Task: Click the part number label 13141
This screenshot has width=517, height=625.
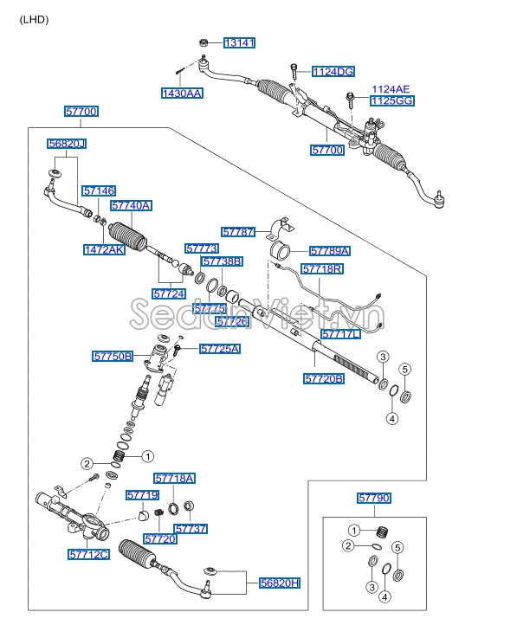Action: (239, 42)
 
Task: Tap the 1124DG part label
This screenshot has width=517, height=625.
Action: (333, 72)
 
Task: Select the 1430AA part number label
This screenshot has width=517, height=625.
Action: (182, 93)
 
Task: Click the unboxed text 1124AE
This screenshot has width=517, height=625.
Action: (391, 89)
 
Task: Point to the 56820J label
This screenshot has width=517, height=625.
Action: (67, 144)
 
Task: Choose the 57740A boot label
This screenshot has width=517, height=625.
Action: (131, 206)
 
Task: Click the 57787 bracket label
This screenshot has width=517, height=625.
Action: (238, 232)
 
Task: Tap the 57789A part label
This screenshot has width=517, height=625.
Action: (330, 251)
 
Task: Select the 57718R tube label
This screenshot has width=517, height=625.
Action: (322, 269)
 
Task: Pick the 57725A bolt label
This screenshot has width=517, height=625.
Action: (220, 349)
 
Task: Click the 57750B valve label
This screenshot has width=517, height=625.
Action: (113, 357)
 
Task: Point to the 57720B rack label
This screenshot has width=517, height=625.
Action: (324, 378)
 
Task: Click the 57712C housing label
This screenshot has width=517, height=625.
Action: (88, 554)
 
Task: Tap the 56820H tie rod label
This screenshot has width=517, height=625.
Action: (280, 583)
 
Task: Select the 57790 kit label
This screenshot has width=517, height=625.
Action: (374, 498)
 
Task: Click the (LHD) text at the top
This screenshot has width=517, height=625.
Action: (34, 20)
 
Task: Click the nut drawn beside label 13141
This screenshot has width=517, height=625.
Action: (203, 42)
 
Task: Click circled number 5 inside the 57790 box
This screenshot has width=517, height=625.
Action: (397, 548)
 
